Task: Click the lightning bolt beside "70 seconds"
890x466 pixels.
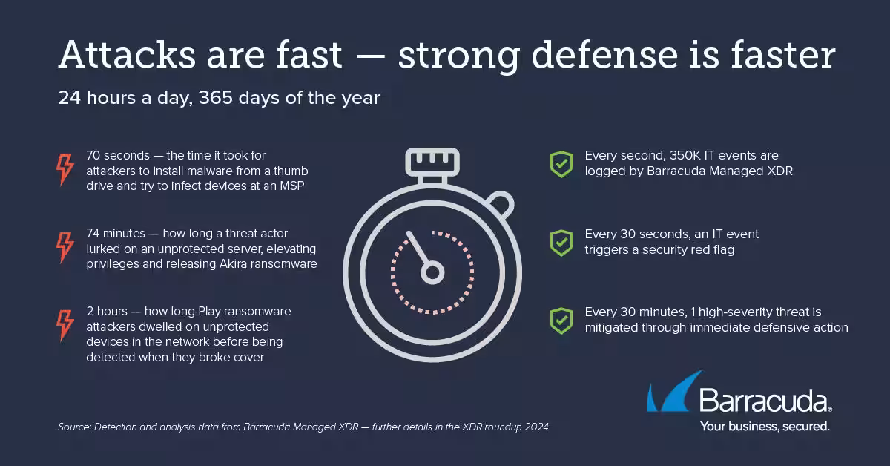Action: [x=65, y=170]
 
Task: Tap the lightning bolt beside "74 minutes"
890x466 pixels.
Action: [x=65, y=247]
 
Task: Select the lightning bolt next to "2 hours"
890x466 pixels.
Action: [x=65, y=325]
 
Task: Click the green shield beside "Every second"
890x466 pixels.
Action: [x=561, y=164]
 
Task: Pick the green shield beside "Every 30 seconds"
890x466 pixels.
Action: [x=561, y=243]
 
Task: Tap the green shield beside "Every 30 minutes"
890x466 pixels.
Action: [x=561, y=321]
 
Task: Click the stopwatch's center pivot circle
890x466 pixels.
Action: [x=432, y=273]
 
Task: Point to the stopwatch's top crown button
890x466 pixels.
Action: [x=432, y=163]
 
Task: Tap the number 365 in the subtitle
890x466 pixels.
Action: [x=215, y=98]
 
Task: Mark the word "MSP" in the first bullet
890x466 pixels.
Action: [x=292, y=186]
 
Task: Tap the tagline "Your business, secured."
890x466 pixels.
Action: [x=765, y=426]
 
